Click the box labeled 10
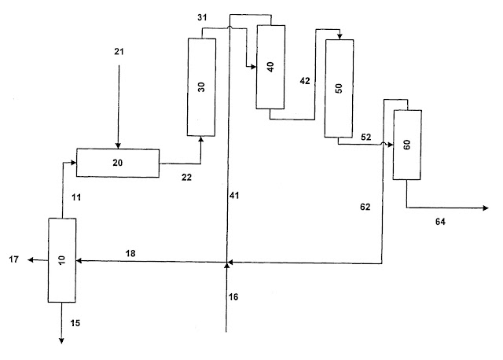click(x=62, y=260)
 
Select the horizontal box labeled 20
click(x=118, y=163)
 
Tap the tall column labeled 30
click(x=201, y=87)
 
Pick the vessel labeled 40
click(x=270, y=67)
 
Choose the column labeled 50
click(x=339, y=88)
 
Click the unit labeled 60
click(x=407, y=145)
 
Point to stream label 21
click(x=119, y=51)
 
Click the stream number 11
click(x=76, y=197)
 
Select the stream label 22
click(x=186, y=177)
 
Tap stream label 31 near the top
click(x=202, y=17)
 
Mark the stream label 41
click(x=234, y=195)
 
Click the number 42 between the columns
click(x=305, y=81)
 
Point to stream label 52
click(x=366, y=137)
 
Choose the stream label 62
click(x=365, y=207)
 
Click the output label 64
click(x=440, y=222)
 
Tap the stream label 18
click(x=130, y=253)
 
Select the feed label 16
click(x=233, y=297)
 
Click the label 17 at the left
click(x=14, y=259)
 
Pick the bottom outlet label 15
click(x=75, y=323)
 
